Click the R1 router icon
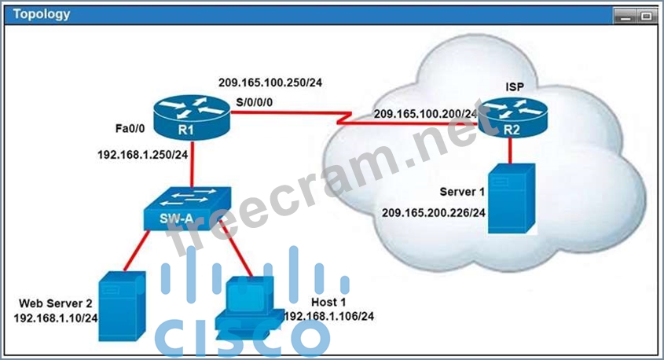coord(192,118)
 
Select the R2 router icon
coord(513,116)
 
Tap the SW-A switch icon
coord(188,208)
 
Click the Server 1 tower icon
coord(512,199)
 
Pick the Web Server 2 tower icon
coord(122,307)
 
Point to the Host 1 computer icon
coord(250,308)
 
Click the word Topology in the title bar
coord(42,14)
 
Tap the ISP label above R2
coord(515,86)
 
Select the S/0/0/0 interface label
coord(254,102)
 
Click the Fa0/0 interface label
coord(130,128)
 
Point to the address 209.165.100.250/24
coord(270,83)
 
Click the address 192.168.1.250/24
coord(143,155)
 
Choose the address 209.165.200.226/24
coord(434,212)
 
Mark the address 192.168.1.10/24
coord(56,318)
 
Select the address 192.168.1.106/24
coord(329,317)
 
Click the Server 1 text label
coord(462,192)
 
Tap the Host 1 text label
coord(328,302)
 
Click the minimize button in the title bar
coord(625,17)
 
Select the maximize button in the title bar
coord(646,17)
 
